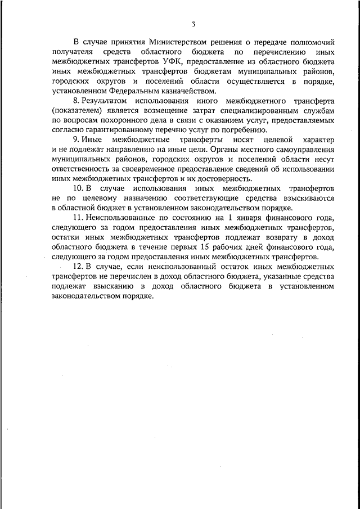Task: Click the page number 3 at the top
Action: coord(193,24)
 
